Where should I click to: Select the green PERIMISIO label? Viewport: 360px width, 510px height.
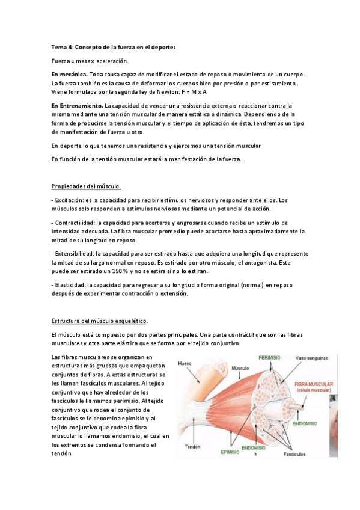point(270,357)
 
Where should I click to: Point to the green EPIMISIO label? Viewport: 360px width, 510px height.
point(230,452)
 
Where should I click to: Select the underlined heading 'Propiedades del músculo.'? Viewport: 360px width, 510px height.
point(86,186)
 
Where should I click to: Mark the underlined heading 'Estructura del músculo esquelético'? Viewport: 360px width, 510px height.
point(99,321)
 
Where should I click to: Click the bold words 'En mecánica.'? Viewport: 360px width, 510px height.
point(69,74)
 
